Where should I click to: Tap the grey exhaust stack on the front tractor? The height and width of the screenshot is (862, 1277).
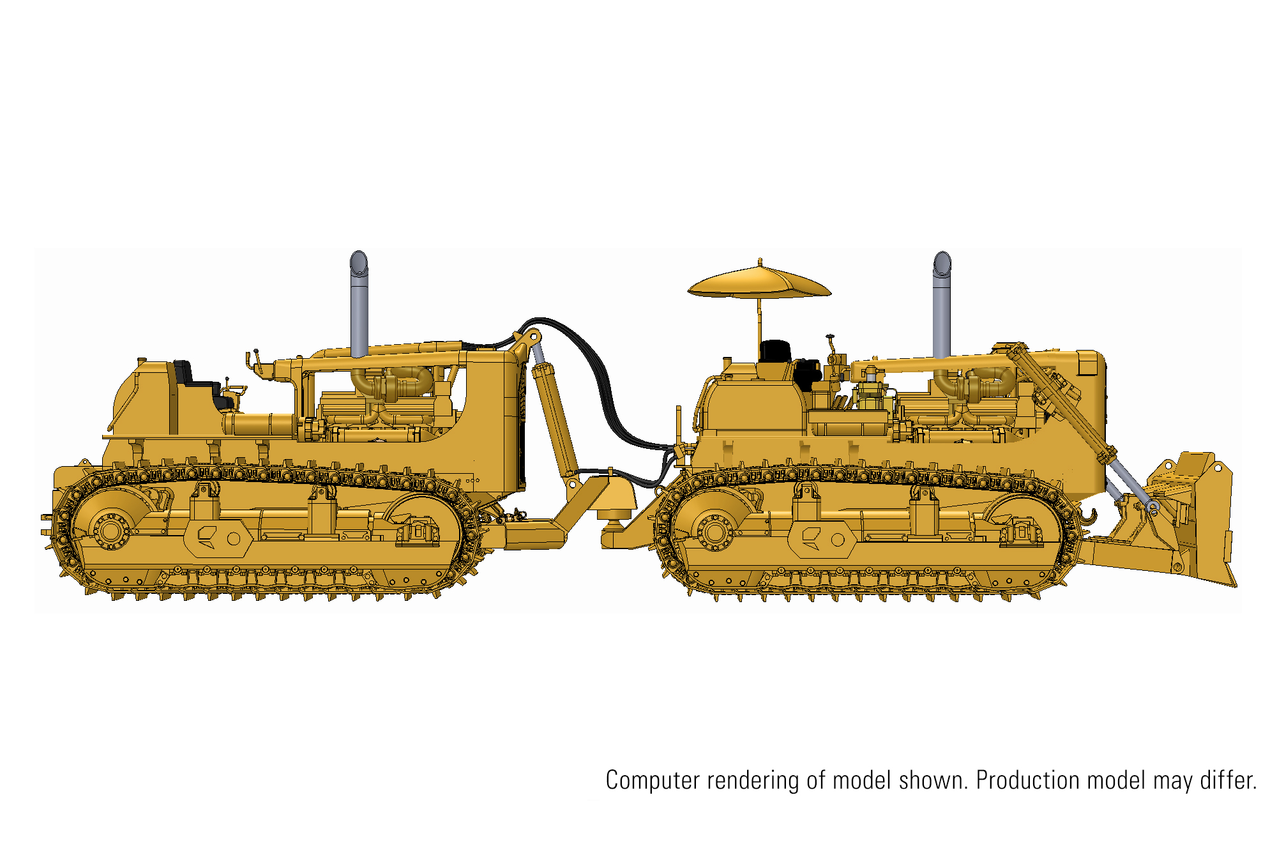pos(942,305)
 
